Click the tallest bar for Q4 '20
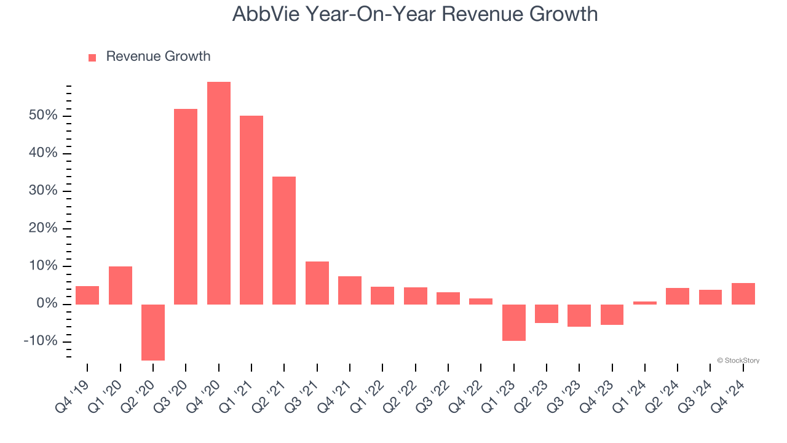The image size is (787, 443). click(x=219, y=193)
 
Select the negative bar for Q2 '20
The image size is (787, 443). click(x=153, y=332)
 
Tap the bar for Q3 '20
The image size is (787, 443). click(x=186, y=207)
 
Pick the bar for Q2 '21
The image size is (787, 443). click(x=284, y=241)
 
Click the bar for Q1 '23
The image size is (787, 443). click(x=514, y=322)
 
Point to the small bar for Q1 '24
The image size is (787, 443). click(x=645, y=303)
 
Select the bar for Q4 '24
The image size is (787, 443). click(x=743, y=293)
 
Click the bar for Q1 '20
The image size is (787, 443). click(x=121, y=285)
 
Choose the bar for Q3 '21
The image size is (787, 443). click(x=317, y=283)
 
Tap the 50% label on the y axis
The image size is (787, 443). click(x=42, y=116)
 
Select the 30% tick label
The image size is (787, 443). click(x=42, y=191)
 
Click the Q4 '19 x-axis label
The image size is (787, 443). click(x=73, y=395)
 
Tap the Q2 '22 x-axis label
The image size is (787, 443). click(x=400, y=395)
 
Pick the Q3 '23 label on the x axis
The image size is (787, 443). click(x=564, y=395)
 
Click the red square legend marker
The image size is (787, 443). click(x=92, y=58)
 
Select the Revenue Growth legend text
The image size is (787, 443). click(x=158, y=57)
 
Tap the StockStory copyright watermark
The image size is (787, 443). click(x=738, y=361)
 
